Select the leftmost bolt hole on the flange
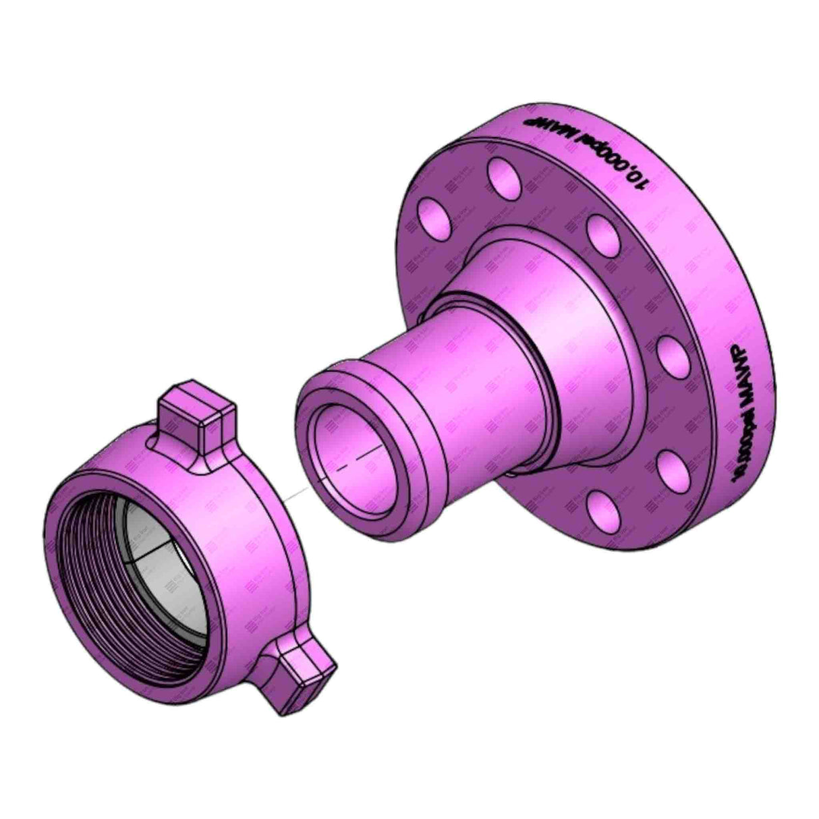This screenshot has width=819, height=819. (432, 217)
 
